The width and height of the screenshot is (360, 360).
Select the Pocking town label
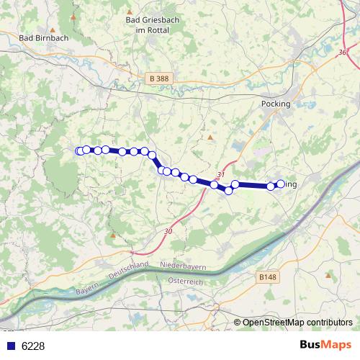coord(276,104)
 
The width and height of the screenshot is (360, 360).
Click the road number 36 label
coord(342,51)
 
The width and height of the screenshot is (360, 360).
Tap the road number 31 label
coord(221,175)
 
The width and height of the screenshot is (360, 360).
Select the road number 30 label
coord(168,230)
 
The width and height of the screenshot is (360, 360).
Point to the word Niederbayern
coord(184,266)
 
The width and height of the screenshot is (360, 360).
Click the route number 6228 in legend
coord(33,346)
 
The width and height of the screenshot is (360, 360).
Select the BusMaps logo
coord(325,345)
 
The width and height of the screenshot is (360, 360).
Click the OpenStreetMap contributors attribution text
coord(298,322)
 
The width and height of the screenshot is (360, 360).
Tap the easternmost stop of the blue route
coord(281,184)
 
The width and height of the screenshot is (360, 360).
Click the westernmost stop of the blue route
coord(78,150)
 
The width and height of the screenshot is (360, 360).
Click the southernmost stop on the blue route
coord(229,191)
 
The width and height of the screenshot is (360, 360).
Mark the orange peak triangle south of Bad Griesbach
coord(210,137)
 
